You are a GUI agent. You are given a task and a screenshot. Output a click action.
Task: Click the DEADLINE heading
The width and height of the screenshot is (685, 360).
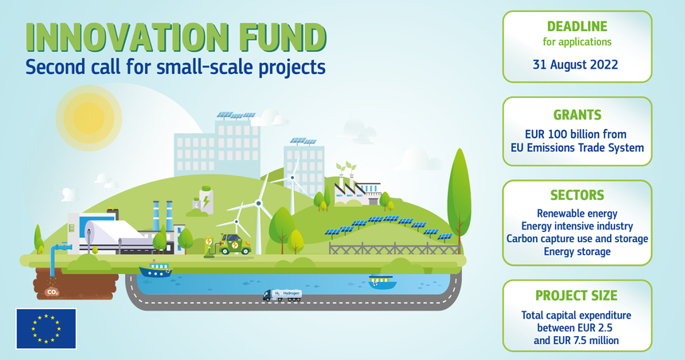click(x=577, y=26)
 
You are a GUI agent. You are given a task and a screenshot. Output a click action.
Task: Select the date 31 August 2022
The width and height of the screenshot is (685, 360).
click(x=575, y=65)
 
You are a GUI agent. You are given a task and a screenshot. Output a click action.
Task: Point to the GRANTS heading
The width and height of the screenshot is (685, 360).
click(x=577, y=115)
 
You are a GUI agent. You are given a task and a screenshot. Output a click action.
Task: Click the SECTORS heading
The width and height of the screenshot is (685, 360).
click(x=577, y=195)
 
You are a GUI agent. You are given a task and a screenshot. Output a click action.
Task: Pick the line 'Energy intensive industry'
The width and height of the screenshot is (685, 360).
click(x=577, y=226)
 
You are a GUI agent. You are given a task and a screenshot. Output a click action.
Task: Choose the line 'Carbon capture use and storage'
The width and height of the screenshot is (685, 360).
click(x=577, y=239)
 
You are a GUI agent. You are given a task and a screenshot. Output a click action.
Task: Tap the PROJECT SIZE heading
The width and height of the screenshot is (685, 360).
click(x=576, y=295)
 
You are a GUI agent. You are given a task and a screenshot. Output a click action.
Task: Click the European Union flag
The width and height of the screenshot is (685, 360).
click(x=46, y=329)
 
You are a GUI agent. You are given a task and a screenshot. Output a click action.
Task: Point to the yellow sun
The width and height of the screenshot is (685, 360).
click(x=88, y=118)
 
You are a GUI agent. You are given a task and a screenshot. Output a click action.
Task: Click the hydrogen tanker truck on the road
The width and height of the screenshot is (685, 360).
click(x=282, y=295)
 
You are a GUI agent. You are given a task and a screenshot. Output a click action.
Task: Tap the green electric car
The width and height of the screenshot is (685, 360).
click(x=235, y=244)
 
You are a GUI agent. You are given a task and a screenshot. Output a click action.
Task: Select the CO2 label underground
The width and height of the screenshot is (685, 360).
click(x=53, y=292)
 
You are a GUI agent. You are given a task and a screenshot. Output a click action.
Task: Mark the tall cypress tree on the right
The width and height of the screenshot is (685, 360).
click(x=459, y=197)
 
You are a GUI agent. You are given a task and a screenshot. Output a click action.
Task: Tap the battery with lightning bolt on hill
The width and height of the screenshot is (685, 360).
click(x=206, y=200)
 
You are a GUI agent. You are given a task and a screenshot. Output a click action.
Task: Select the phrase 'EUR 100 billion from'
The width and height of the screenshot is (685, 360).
click(x=576, y=134)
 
